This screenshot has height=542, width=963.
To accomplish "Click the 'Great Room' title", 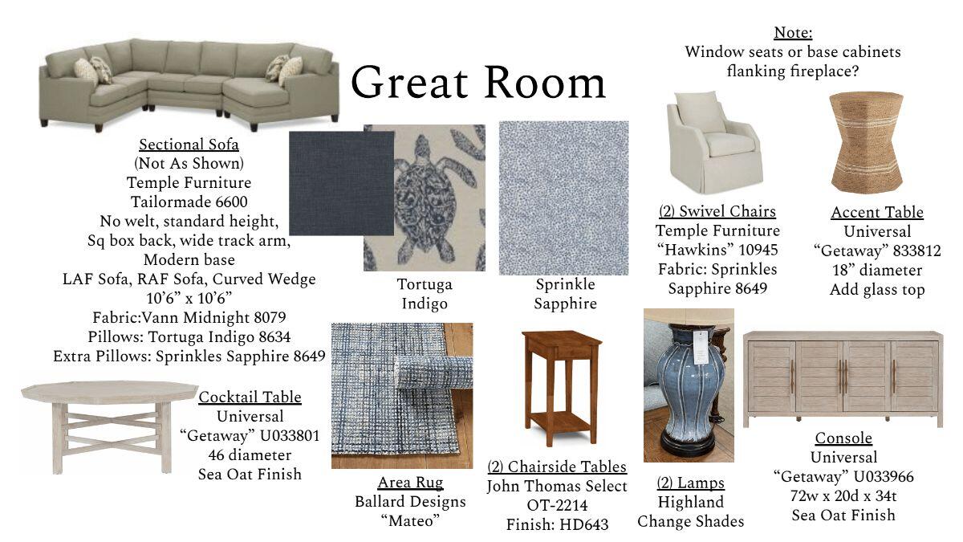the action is point(478,83).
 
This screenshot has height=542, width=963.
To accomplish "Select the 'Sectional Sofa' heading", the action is point(189,145).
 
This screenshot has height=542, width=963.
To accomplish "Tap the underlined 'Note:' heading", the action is point(793,33).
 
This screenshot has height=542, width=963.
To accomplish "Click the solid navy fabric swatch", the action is point(341,183).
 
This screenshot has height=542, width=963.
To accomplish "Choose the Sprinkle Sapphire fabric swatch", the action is point(563,198).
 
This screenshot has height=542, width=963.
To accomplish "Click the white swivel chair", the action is point(714,142).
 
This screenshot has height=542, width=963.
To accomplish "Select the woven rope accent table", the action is point(866,142).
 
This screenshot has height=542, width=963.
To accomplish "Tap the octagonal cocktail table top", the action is point(110,392).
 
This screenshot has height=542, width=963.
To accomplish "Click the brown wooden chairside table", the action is point(561,387).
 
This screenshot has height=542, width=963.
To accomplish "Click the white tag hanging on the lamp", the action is point(701,347).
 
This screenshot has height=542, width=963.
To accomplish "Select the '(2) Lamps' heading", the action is point(690,483).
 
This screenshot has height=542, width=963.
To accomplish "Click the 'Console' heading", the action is point(843,438).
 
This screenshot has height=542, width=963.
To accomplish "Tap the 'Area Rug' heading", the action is point(410,483).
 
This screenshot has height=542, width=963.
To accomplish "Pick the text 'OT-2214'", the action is point(557,505).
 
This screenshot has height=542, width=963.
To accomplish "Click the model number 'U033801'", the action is point(290,436).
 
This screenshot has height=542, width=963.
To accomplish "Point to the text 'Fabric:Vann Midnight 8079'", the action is point(189,317).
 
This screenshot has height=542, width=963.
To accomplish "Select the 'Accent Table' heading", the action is point(877,212).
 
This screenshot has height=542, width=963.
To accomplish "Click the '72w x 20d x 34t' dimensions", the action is point(843,496).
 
